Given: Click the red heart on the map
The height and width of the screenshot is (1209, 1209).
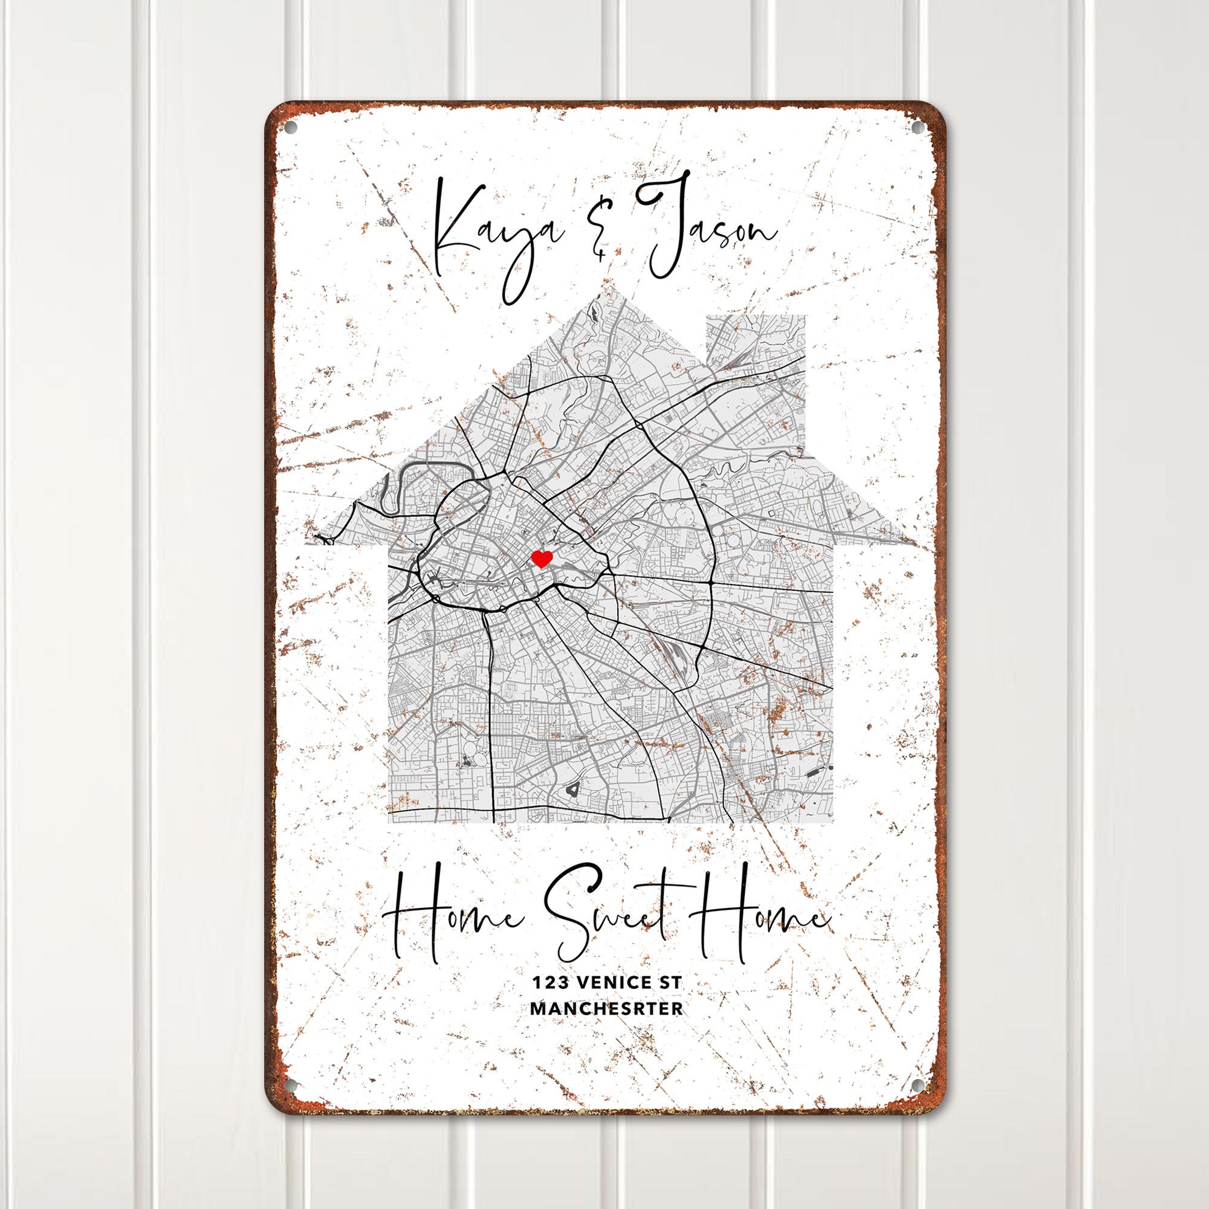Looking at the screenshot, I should coord(541,558).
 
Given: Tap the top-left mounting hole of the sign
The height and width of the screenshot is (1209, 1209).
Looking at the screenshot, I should coord(290,129).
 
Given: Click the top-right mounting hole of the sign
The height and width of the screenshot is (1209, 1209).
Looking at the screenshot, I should coord(917,129).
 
